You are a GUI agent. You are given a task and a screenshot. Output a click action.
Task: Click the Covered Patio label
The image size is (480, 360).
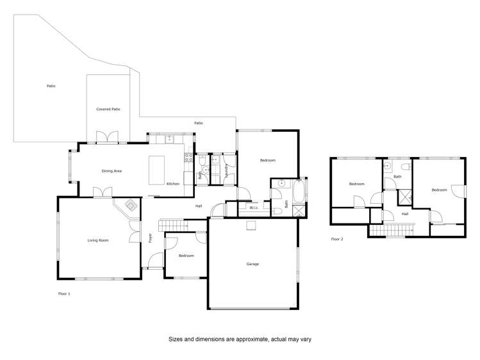[108, 109]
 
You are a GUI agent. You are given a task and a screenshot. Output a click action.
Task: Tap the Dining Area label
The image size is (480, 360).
[112, 171]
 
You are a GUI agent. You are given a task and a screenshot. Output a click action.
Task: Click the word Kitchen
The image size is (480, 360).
[173, 184]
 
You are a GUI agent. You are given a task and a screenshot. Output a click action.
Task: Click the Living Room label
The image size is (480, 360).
[98, 240]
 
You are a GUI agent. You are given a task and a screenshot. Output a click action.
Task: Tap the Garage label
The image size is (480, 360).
[252, 264]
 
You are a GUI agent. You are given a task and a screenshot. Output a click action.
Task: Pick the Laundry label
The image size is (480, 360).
[228, 169]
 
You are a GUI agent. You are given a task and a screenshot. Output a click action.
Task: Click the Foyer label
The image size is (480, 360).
[151, 238]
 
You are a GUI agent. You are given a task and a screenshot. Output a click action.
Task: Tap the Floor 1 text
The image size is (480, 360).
[64, 293]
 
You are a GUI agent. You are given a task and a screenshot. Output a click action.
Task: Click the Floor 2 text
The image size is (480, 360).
[337, 239]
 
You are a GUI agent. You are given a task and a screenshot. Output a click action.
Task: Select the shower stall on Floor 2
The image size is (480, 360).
[404, 197]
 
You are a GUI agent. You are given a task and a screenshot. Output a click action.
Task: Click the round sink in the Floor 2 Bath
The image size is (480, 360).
[388, 165]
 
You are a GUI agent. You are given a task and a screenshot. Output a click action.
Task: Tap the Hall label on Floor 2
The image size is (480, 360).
[405, 214]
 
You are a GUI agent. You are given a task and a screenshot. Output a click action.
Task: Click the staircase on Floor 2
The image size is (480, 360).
[392, 229]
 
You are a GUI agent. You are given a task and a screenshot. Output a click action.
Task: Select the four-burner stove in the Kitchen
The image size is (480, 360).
[189, 156]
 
